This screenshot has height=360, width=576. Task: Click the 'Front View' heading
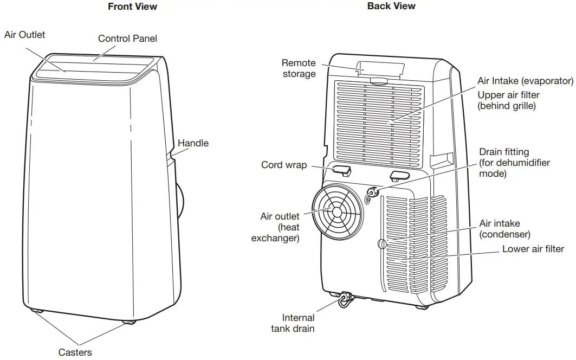(132, 7)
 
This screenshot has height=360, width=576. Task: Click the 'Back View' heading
(391, 6)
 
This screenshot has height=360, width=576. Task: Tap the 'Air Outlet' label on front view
(25, 35)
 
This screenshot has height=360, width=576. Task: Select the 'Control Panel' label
(127, 38)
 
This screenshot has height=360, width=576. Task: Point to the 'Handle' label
(193, 143)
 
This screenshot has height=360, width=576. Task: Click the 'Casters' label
(75, 352)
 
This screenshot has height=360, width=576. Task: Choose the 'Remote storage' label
(299, 68)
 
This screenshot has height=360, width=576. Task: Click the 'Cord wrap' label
(284, 164)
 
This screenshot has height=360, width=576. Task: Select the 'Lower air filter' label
(533, 249)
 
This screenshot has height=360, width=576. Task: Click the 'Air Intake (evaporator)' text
(525, 81)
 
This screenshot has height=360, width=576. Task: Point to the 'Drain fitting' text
(504, 152)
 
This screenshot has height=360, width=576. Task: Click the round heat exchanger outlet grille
(338, 213)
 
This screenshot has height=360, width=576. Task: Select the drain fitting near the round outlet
(372, 194)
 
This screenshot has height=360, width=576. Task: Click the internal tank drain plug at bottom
(345, 299)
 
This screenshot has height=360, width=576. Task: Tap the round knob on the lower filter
(383, 244)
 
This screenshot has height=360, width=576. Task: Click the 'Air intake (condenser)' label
(504, 228)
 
